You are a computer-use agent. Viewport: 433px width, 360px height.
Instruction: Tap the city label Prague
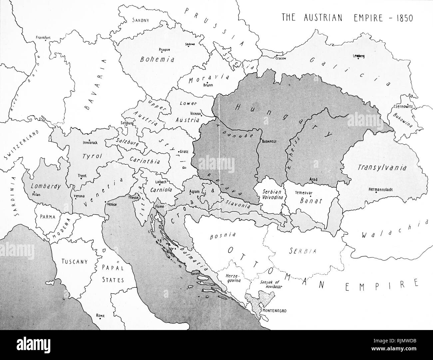point(165,50)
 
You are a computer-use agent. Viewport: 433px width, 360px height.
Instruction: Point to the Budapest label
point(270,141)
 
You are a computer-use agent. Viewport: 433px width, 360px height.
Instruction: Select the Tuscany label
point(74,261)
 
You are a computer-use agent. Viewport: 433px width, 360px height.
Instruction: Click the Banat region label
point(311,201)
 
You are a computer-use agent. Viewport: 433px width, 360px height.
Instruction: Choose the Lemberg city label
point(359,56)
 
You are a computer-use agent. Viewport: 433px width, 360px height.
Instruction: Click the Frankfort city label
point(43,38)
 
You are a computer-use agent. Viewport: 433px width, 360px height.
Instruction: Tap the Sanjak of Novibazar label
point(270,285)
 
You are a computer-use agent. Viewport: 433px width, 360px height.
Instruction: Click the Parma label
point(47,216)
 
